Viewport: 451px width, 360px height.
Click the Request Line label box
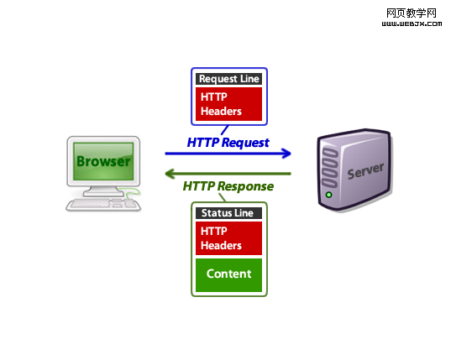coord(228,79)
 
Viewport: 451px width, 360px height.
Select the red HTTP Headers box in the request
coord(228,104)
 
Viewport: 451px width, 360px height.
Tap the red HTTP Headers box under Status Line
coord(228,238)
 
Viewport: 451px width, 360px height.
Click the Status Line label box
coord(228,213)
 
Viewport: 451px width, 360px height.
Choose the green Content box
coord(228,275)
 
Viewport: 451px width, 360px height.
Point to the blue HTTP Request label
coord(228,143)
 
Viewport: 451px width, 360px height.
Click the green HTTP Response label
coord(228,186)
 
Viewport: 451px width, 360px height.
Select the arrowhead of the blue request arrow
coord(286,154)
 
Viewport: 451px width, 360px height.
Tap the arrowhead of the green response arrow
coord(170,174)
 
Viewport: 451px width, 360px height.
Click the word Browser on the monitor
coord(103,161)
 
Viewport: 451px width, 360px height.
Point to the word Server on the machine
coord(365,171)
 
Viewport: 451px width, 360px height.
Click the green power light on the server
coord(328,195)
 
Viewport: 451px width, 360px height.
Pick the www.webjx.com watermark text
coord(412,23)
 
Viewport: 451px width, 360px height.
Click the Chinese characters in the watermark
coord(412,13)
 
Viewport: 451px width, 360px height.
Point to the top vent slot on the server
coord(329,152)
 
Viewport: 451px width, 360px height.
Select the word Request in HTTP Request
coord(245,143)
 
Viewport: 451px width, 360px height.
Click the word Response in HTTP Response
coord(245,186)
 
